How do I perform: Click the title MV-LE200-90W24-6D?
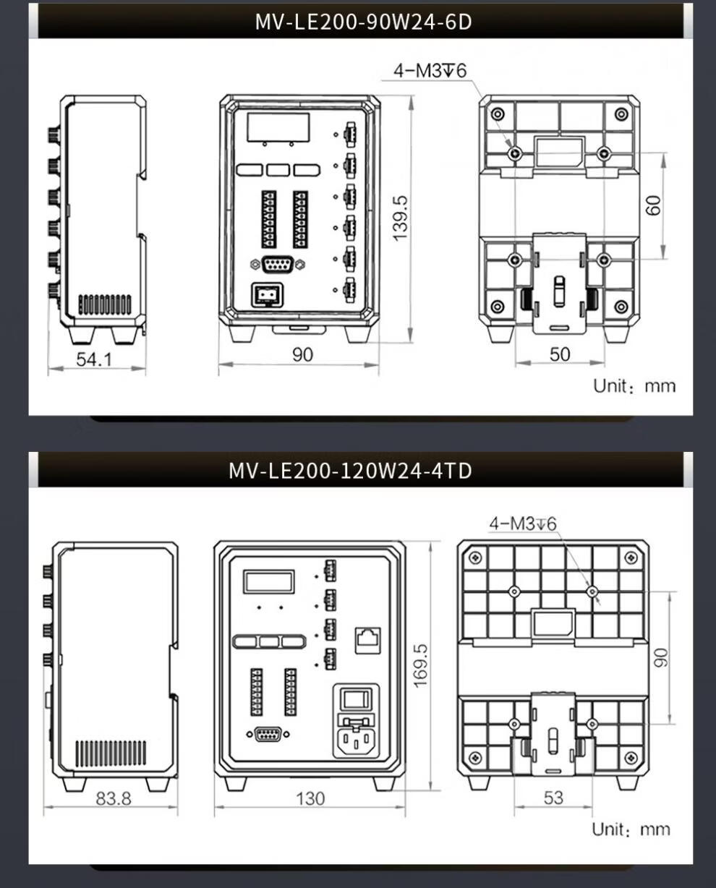[x=363, y=22]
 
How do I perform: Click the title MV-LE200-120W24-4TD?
[x=350, y=471]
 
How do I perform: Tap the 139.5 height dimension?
[x=400, y=218]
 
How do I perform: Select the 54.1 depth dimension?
[x=94, y=359]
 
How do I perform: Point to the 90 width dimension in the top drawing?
[x=302, y=355]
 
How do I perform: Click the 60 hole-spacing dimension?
[x=653, y=205]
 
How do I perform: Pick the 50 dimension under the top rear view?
[x=560, y=354]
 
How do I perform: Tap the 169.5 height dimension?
[x=420, y=666]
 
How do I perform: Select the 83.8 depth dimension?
[x=114, y=799]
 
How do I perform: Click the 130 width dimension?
[x=310, y=798]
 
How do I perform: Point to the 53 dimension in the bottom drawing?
[x=553, y=798]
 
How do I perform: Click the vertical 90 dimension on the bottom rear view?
[x=661, y=657]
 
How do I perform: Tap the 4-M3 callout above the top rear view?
[x=430, y=71]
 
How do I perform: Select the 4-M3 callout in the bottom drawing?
[x=522, y=524]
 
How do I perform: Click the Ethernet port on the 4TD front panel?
[x=368, y=641]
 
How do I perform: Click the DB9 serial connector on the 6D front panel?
[x=278, y=265]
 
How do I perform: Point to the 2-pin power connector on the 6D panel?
[x=267, y=294]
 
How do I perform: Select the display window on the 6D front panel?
[x=278, y=127]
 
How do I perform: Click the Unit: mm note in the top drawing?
[x=634, y=386]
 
